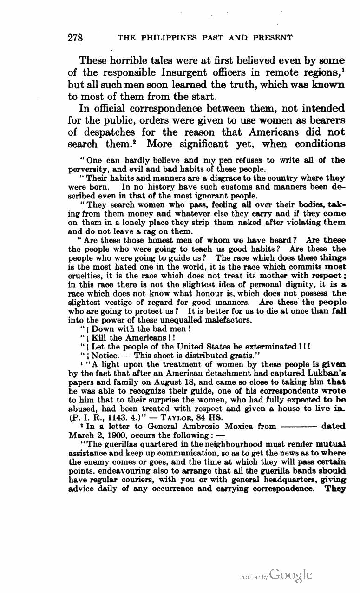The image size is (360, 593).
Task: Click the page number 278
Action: click(x=75, y=38)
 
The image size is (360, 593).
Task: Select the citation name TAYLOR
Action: click(x=180, y=417)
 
